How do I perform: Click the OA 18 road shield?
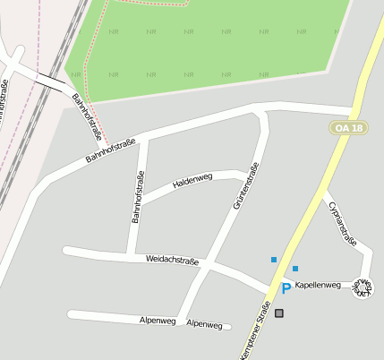coord(348,129)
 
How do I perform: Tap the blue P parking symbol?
coord(286,288)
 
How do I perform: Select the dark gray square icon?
coord(279,313)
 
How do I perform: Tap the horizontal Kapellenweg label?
coord(318,285)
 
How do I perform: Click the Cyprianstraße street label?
coord(343,221)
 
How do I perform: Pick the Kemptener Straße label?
coord(255,331)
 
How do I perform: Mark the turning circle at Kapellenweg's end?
coord(365,287)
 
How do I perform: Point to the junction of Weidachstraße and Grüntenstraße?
coord(208,264)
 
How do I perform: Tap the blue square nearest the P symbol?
coord(294,269)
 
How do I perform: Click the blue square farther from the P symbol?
coord(274,260)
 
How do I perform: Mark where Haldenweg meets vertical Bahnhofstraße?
coord(141,199)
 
